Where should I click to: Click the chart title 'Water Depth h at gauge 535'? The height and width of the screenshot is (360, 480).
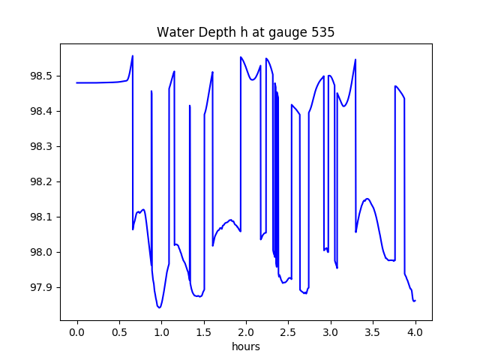[245, 33]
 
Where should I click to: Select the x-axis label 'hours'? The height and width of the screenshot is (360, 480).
[246, 347]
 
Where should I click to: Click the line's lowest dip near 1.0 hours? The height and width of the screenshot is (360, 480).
[159, 307]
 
